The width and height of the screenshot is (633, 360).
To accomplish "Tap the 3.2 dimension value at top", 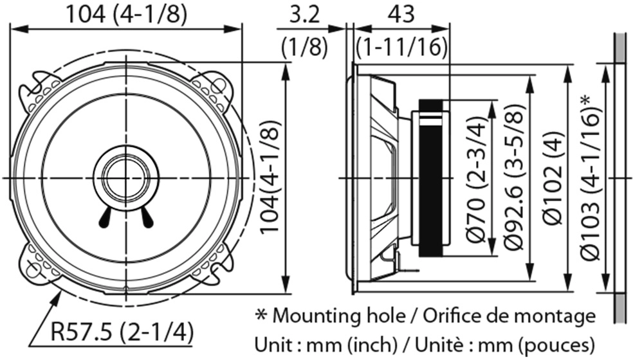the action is (304, 15).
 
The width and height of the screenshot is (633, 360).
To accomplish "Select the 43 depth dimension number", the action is (401, 15).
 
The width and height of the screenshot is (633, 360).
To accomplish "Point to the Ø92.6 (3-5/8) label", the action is (515, 177).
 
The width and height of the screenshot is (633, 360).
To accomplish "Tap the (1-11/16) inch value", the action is (401, 48).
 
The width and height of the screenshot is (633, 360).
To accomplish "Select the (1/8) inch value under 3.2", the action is (304, 48).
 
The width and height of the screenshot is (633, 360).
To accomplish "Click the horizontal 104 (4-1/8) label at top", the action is (126, 15).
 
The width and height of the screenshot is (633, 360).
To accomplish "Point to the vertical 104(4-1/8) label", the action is (270, 177).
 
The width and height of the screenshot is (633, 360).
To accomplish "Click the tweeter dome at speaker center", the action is (126, 177).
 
